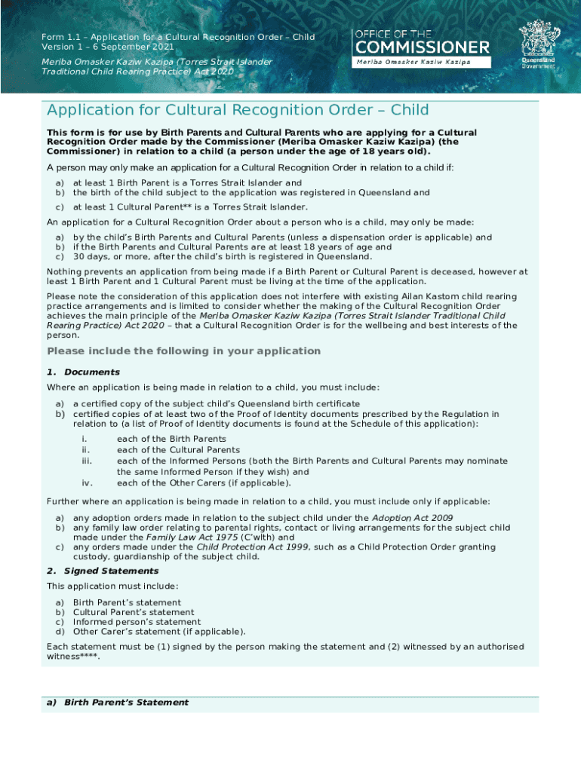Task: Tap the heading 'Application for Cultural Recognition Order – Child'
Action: click(238, 111)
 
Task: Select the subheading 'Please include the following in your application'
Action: click(184, 351)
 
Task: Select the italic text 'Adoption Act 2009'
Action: click(412, 518)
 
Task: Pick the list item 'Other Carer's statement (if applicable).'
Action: click(159, 632)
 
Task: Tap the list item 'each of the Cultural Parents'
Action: click(178, 450)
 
